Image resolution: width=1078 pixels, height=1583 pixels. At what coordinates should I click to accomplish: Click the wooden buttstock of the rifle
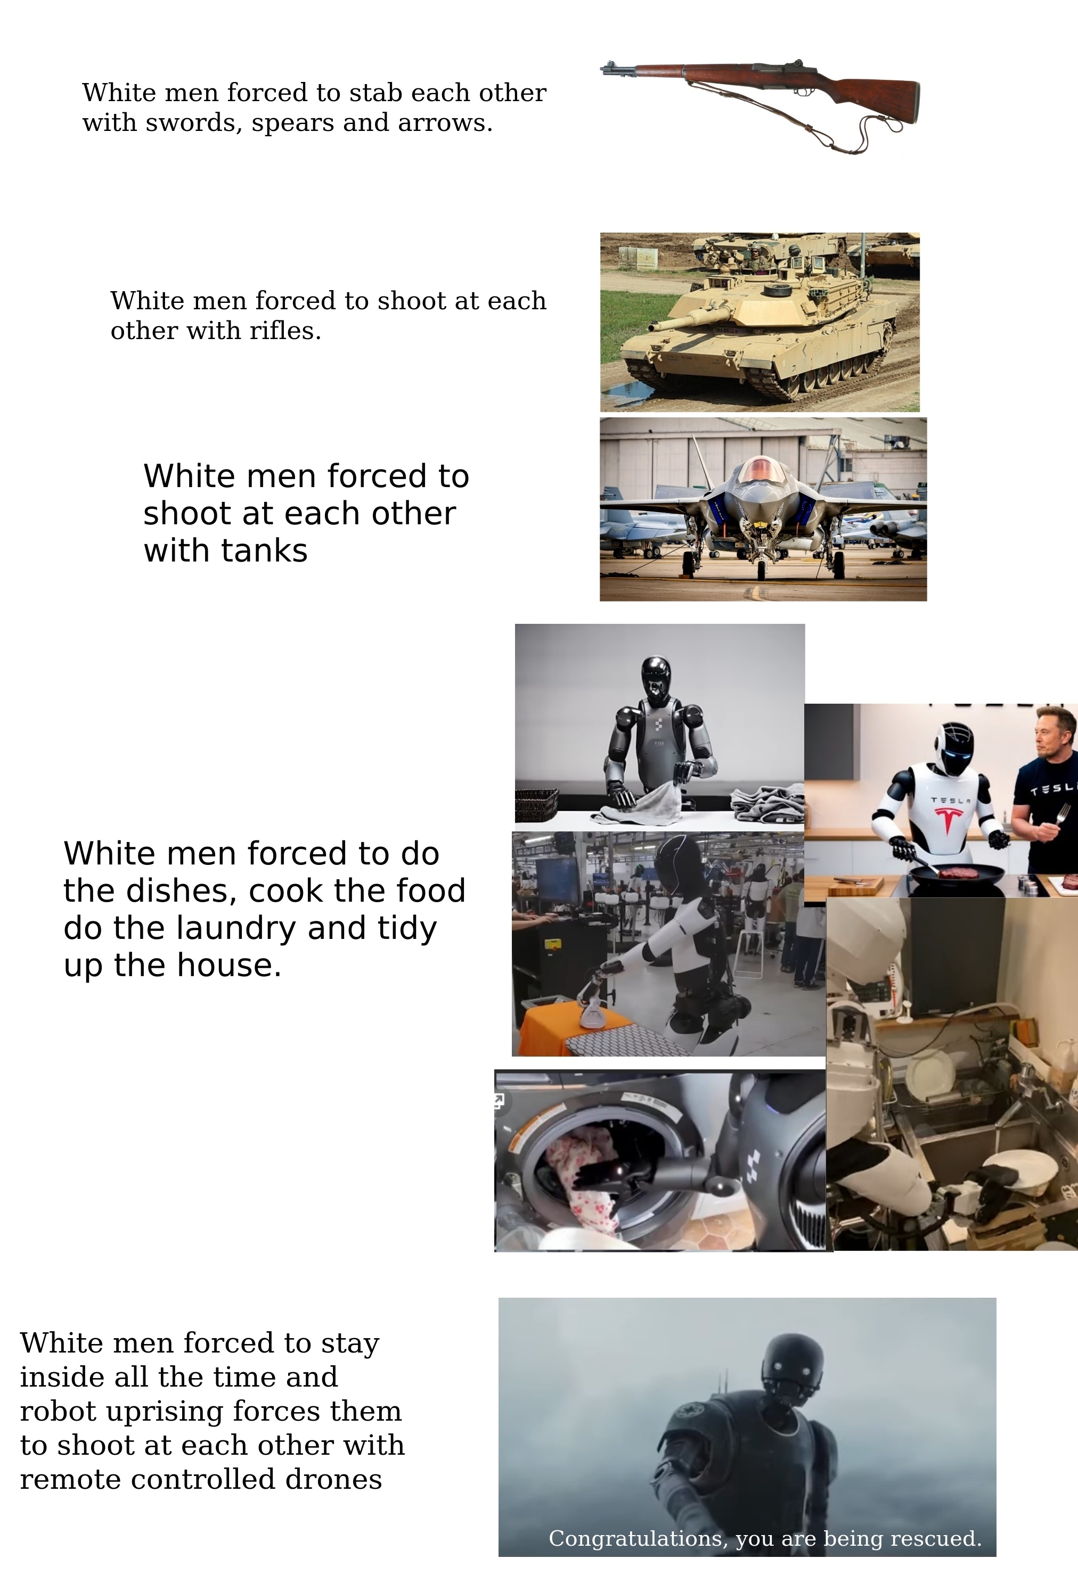(x=879, y=95)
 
